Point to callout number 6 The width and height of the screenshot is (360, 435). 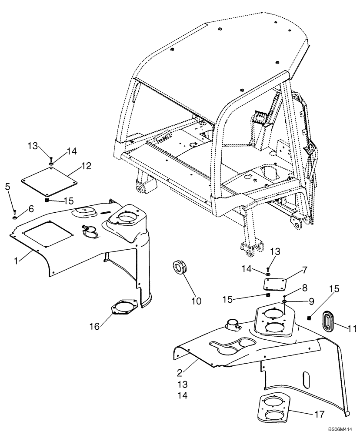(31, 209)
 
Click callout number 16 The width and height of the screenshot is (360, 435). (95, 325)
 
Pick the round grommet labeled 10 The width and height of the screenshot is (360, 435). (179, 267)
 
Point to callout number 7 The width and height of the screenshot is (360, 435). (305, 270)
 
